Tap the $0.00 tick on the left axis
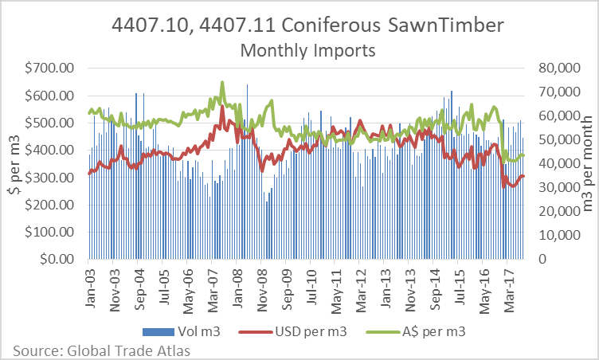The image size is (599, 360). coord(59,259)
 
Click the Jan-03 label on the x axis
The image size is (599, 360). coord(89,287)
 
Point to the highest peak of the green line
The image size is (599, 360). coord(222,82)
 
